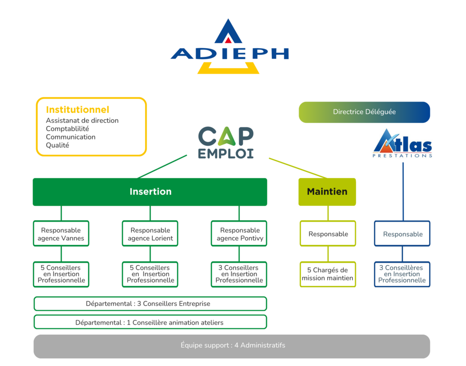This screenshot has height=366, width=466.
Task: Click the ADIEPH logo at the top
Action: [229, 47]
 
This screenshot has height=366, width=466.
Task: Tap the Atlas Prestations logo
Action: [402, 143]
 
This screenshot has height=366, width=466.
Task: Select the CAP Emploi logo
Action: [226, 142]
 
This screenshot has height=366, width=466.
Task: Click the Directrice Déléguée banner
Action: [365, 112]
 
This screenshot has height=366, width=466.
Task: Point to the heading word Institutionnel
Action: [77, 110]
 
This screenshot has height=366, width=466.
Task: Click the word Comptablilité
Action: [67, 129]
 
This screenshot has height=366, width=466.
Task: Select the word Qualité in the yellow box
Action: [57, 145]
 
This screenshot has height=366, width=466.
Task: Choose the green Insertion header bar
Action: [150, 192]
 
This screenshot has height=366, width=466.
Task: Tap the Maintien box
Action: [327, 192]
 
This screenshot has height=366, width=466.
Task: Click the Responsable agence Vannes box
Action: [61, 234]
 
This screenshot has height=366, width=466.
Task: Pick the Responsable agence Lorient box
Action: [150, 234]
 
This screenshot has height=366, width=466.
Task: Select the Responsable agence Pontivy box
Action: [239, 234]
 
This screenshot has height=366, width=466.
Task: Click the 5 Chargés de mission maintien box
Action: [328, 274]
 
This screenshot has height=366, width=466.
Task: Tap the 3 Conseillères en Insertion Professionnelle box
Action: [402, 274]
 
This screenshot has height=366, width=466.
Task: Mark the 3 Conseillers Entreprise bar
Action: [150, 304]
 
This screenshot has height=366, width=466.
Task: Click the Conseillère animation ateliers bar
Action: [150, 322]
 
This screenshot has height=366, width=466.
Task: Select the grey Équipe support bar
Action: [232, 346]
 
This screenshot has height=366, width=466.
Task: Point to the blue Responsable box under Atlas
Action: [402, 234]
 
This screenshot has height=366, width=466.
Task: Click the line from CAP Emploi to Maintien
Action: [298, 168]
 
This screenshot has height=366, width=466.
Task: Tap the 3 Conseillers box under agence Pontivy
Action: [239, 274]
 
